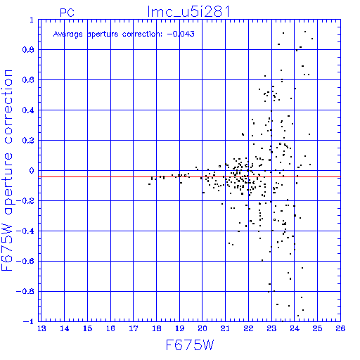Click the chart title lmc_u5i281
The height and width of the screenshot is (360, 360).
188,12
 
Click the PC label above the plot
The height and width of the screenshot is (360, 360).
67,13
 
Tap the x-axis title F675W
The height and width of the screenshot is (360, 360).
190,345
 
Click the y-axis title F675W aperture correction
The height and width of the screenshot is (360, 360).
7,170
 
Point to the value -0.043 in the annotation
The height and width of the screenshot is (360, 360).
181,34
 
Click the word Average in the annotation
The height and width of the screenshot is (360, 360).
68,34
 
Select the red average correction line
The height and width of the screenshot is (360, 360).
189,177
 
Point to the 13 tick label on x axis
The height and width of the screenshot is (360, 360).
41,328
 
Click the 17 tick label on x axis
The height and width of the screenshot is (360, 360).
134,328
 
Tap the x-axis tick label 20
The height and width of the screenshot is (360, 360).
202,328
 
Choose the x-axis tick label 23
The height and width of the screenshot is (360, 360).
271,328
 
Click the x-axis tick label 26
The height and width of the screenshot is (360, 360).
340,328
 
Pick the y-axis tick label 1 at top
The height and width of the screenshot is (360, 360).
32,20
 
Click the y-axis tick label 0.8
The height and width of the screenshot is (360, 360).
28,50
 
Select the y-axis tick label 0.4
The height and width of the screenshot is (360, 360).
28,110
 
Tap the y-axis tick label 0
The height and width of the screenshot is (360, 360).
32,171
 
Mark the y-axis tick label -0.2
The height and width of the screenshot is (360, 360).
25,201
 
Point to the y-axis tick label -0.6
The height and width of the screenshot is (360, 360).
25,261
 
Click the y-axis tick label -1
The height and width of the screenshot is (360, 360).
28,321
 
